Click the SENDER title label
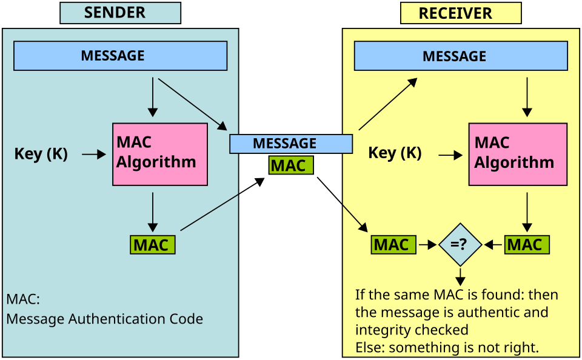point(119,13)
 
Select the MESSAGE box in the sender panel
point(120,56)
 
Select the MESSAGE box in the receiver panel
point(460,56)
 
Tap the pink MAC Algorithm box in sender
point(159,154)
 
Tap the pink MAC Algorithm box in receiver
point(517,154)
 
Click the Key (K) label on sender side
point(41,154)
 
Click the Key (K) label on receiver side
point(395,153)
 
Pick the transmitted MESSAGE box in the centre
point(290,144)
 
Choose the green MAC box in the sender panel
point(152,245)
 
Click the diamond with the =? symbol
point(460,245)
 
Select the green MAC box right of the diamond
point(526,245)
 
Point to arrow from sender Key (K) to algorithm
point(94,155)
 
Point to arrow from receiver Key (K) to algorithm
point(450,156)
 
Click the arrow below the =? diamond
point(460,276)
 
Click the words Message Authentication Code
point(104,319)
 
